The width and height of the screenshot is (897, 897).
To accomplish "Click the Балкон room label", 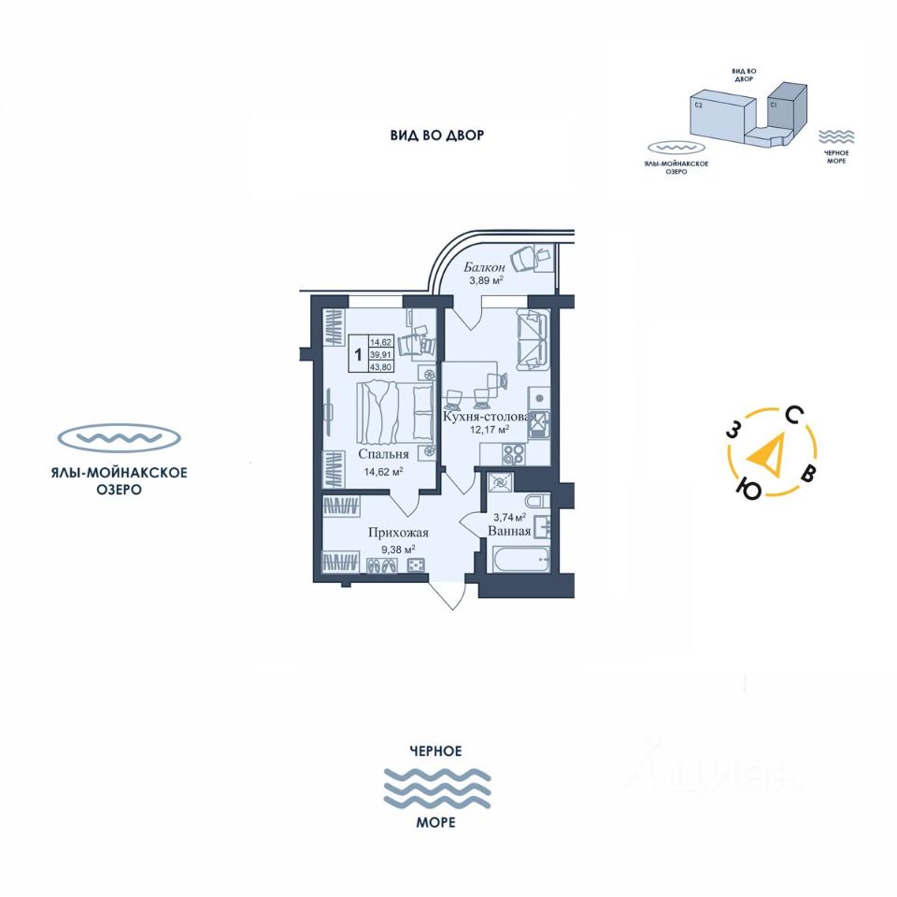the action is (483, 267).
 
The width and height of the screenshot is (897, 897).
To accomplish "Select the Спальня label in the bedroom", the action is (383, 456).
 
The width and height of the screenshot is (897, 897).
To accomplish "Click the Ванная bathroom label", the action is (509, 531).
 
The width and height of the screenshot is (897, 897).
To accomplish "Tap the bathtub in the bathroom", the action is (518, 563).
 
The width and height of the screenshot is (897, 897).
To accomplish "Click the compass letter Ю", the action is (748, 486).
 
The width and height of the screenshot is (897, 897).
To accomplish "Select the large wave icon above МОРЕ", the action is (436, 788).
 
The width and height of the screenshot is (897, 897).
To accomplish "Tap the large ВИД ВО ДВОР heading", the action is (437, 135).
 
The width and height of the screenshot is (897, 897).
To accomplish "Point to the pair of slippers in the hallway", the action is (384, 564).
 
